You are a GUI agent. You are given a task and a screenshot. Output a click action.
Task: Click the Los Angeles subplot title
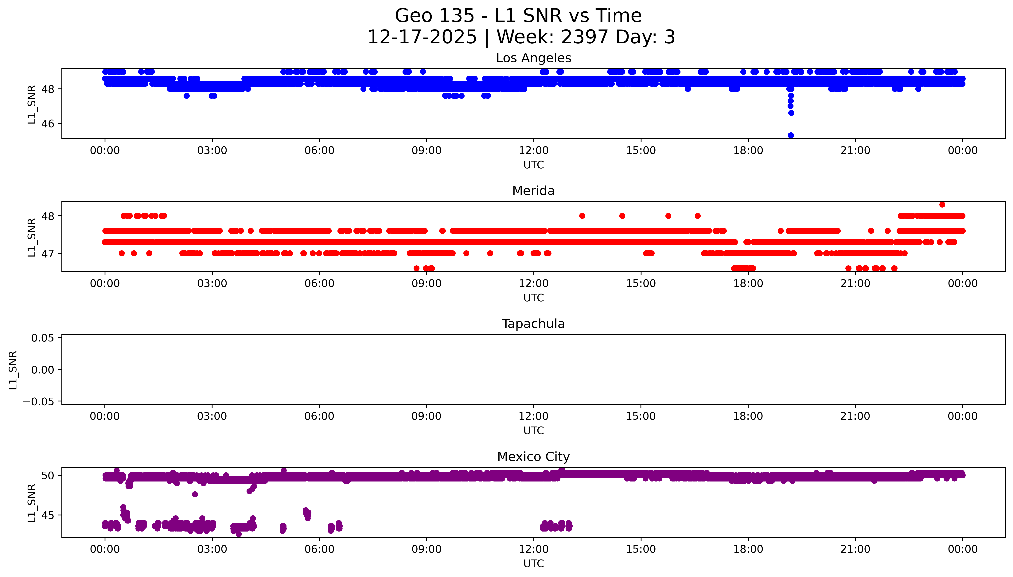(533, 58)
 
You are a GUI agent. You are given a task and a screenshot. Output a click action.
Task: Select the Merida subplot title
(533, 191)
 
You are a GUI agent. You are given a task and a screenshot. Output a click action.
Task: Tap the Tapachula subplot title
(533, 324)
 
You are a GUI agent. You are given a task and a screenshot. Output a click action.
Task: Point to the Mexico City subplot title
(533, 457)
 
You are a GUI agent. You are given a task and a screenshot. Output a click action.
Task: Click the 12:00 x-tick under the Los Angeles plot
(533, 151)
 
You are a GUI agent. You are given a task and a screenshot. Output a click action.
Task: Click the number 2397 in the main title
(584, 37)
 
